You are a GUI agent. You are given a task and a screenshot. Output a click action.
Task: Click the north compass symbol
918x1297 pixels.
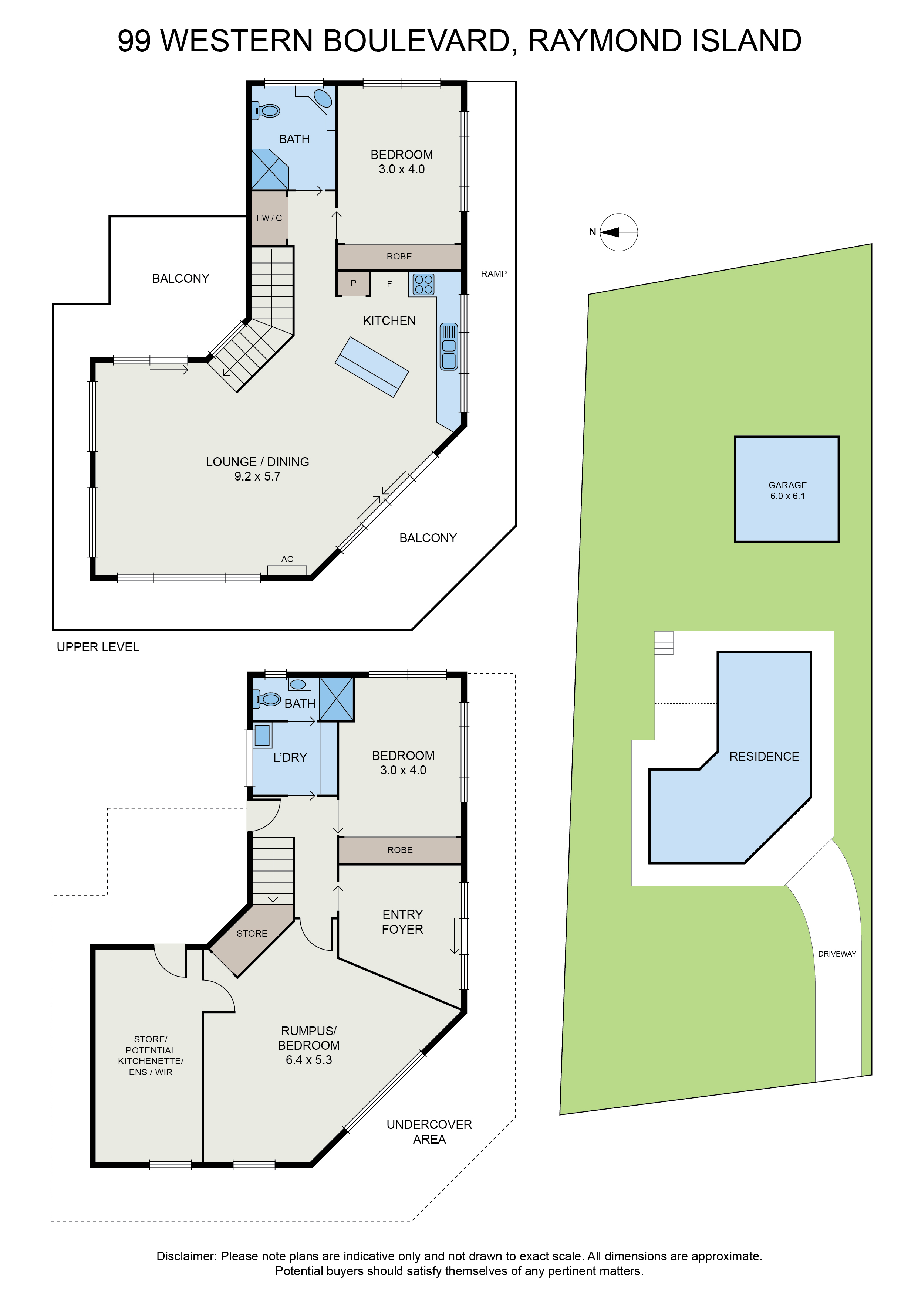point(618,232)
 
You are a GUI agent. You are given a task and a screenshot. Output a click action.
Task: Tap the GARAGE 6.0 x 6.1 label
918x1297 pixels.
point(787,490)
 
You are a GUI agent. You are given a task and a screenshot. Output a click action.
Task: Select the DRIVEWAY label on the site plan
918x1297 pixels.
point(837,954)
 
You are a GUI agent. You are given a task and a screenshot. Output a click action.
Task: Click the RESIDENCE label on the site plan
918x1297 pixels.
point(764,756)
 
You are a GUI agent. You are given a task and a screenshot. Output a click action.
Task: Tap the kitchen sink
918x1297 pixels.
point(449,346)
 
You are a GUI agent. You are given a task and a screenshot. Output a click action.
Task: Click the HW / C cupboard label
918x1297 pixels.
point(269,218)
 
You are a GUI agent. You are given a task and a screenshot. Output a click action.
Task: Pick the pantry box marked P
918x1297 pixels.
point(353,283)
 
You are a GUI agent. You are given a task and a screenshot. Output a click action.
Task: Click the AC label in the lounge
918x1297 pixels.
point(287,559)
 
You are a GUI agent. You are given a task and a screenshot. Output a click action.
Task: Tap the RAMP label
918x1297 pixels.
point(493,274)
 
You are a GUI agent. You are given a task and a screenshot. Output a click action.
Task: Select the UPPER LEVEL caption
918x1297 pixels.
point(98,647)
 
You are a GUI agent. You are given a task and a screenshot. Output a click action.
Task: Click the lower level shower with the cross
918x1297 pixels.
point(336,699)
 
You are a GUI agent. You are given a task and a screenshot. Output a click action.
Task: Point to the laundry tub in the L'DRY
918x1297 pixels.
point(262,736)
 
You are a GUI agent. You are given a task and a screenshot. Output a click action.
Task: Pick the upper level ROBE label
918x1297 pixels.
point(399,257)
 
